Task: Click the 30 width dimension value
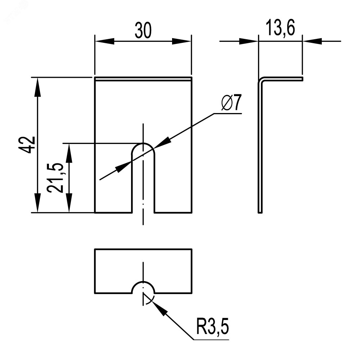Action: [x=143, y=31]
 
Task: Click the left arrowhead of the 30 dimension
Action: [x=102, y=41]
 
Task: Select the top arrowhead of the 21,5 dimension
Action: [x=69, y=152]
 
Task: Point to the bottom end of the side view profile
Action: [x=260, y=212]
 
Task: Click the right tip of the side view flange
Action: [x=302, y=78]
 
